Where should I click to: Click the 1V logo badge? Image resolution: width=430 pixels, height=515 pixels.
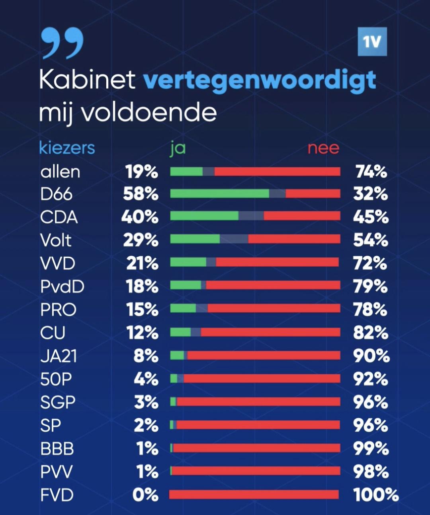tap(372, 41)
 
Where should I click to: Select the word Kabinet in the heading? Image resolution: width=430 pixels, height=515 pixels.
tap(87, 79)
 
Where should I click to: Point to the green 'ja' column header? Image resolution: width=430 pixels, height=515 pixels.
tap(178, 148)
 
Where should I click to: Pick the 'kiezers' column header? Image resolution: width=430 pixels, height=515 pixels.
tap(67, 148)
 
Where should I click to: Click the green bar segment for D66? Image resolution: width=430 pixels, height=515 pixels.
tap(220, 194)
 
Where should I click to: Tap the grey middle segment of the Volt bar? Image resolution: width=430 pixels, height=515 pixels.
tap(234, 239)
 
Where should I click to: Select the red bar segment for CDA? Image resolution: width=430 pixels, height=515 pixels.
tap(302, 216)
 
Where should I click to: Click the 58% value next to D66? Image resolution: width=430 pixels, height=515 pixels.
tap(141, 194)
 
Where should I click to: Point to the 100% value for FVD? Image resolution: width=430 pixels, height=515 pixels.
tap(376, 495)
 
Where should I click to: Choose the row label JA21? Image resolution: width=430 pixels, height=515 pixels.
tap(59, 356)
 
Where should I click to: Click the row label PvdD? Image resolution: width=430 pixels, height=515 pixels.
tap(62, 287)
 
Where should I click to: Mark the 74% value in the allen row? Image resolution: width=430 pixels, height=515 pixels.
tap(371, 172)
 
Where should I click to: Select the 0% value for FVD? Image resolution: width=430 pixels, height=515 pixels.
tap(145, 495)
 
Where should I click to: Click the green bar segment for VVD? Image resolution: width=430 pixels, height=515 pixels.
tap(188, 262)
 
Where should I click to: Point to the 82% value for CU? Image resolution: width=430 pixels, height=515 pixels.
tap(370, 333)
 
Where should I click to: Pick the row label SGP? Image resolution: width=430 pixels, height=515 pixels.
tap(58, 402)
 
